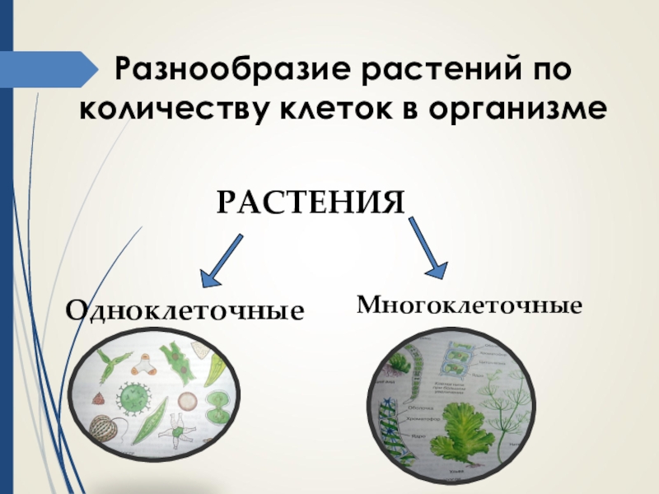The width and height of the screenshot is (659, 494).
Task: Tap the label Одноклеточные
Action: pyautogui.click(x=185, y=311)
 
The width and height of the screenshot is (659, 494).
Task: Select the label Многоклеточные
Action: pyautogui.click(x=470, y=305)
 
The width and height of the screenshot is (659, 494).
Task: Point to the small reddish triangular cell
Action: pyautogui.click(x=98, y=397)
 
